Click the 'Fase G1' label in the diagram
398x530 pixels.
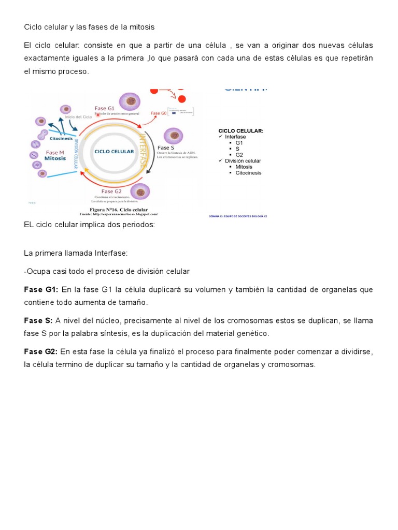[x=104, y=108]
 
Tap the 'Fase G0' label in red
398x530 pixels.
[x=159, y=113]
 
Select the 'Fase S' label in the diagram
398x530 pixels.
[x=166, y=148]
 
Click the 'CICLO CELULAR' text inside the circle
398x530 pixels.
[x=114, y=152]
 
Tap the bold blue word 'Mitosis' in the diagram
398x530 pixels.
[x=55, y=158]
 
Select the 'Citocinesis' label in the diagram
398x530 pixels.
[x=61, y=138]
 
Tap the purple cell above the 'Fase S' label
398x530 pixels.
[x=173, y=136]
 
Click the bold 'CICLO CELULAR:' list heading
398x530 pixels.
[x=241, y=131]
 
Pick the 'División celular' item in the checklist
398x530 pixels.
[x=243, y=161]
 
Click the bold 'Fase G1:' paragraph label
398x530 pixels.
[x=41, y=290]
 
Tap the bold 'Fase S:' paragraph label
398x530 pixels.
[x=38, y=321]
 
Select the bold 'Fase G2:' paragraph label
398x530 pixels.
[x=41, y=352]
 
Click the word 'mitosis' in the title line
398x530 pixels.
[x=142, y=26]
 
